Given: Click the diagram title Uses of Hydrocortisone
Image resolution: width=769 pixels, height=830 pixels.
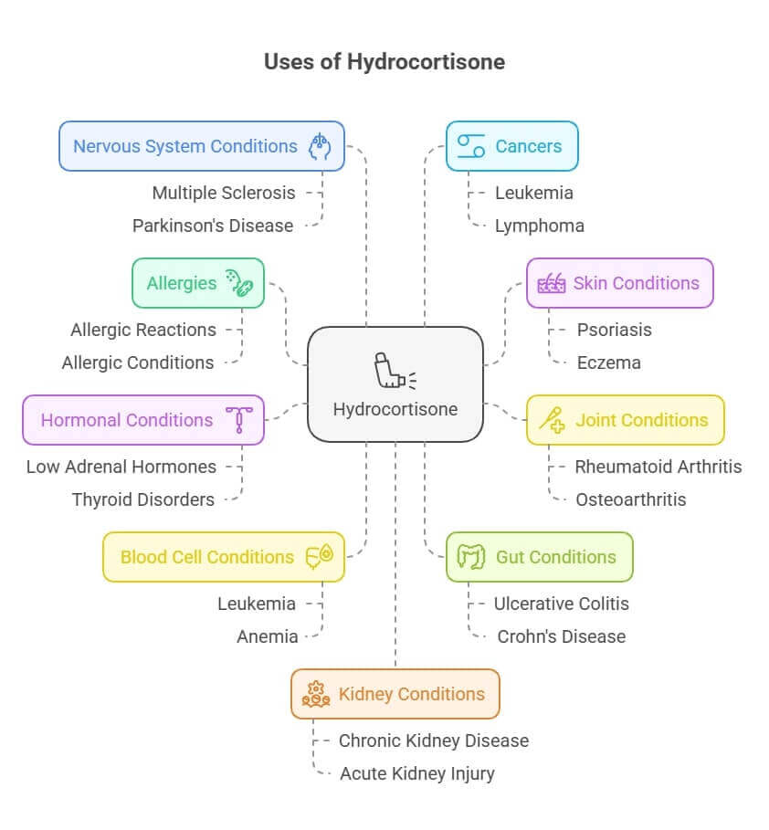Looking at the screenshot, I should (x=384, y=62).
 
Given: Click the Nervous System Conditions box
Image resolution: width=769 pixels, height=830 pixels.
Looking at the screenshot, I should (x=201, y=146).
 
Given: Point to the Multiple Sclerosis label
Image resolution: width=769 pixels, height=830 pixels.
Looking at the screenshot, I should (x=224, y=193).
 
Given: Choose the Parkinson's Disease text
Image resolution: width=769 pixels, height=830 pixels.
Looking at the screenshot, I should (x=213, y=226).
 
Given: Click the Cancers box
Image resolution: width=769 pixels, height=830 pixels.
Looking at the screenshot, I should (x=511, y=146).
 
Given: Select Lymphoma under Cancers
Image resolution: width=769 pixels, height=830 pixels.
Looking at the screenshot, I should (x=539, y=226).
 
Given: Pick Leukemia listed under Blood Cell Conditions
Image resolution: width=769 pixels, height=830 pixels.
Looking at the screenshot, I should (x=257, y=604).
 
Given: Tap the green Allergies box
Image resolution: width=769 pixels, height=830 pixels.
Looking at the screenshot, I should (x=198, y=283).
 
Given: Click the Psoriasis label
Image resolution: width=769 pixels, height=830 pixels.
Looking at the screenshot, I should (x=615, y=330).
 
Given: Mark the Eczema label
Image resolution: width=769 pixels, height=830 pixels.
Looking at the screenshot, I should (x=609, y=362).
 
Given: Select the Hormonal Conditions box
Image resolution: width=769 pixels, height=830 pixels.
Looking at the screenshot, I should (x=143, y=420).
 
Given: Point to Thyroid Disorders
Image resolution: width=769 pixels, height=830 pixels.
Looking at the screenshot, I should (x=143, y=499).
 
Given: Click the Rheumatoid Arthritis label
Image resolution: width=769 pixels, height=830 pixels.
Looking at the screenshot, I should (x=658, y=467).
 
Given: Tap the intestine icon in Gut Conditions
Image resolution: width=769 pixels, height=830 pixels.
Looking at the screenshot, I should (x=470, y=557).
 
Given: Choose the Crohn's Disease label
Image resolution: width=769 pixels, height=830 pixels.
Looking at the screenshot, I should (x=562, y=636).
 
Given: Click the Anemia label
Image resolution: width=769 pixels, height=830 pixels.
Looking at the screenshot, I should (x=268, y=636).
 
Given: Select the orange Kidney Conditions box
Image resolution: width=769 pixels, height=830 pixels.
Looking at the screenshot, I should (x=395, y=694).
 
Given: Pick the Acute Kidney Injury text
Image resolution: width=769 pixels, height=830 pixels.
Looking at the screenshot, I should (x=417, y=773).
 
